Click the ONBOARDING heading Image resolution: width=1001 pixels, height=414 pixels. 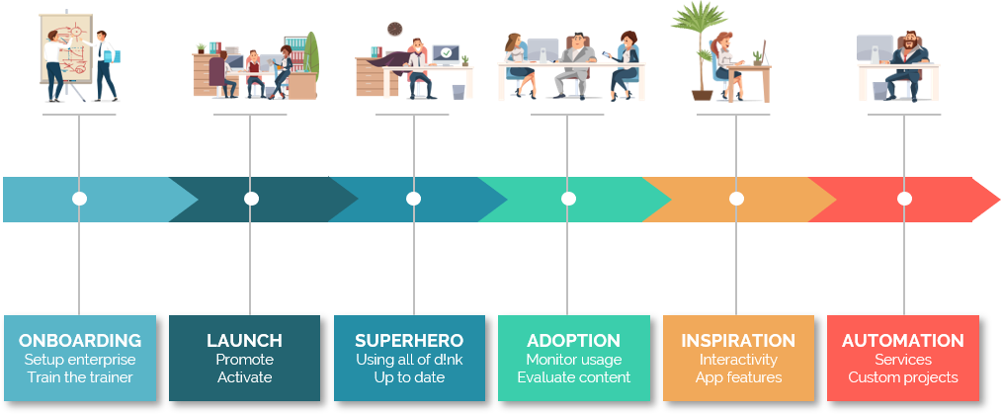pyautogui.click(x=80, y=341)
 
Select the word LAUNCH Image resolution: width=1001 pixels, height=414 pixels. pyautogui.click(x=244, y=341)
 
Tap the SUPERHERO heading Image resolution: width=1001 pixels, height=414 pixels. pyautogui.click(x=409, y=341)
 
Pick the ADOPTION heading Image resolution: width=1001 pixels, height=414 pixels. pyautogui.click(x=573, y=341)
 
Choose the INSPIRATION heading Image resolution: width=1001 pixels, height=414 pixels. pyautogui.click(x=738, y=341)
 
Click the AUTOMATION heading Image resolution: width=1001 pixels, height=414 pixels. pyautogui.click(x=903, y=341)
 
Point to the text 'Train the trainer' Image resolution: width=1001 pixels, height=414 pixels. pyautogui.click(x=80, y=377)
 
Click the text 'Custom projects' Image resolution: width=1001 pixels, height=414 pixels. pyautogui.click(x=903, y=377)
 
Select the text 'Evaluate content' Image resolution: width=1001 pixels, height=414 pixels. pyautogui.click(x=573, y=377)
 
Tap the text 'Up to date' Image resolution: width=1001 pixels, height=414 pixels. pyautogui.click(x=409, y=377)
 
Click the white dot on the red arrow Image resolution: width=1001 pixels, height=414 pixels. pyautogui.click(x=904, y=199)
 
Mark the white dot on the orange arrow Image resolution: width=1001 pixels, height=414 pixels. pyautogui.click(x=736, y=199)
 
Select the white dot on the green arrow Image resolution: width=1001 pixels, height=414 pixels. pyautogui.click(x=568, y=199)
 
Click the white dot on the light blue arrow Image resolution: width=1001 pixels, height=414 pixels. pyautogui.click(x=79, y=199)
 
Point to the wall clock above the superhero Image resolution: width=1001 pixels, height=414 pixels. pyautogui.click(x=394, y=29)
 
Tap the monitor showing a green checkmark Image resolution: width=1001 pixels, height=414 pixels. pyautogui.click(x=446, y=55)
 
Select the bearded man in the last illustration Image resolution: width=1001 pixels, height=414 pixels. pyautogui.click(x=907, y=65)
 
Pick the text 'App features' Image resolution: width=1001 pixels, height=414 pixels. pyautogui.click(x=738, y=377)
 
